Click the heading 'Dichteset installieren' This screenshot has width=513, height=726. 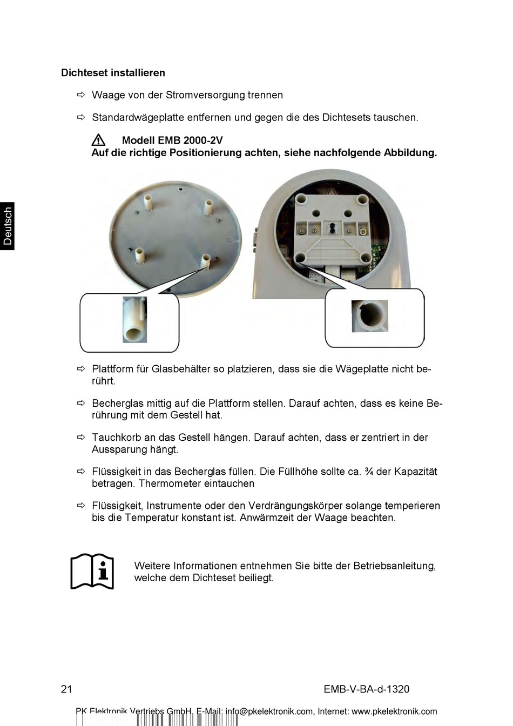(x=113, y=73)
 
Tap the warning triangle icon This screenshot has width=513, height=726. (x=98, y=140)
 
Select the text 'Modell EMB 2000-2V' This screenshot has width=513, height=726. (x=172, y=140)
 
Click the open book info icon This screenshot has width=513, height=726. (x=92, y=571)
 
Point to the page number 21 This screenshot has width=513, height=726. (x=66, y=689)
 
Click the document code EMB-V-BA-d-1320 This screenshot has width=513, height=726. (x=366, y=689)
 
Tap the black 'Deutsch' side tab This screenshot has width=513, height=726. (x=8, y=226)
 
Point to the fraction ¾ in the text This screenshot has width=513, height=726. (x=368, y=472)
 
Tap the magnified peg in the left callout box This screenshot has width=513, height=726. (x=134, y=319)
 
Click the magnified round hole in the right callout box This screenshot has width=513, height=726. (x=370, y=315)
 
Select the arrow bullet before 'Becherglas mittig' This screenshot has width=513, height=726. (x=81, y=403)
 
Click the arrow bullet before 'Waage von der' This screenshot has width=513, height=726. (x=81, y=95)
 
